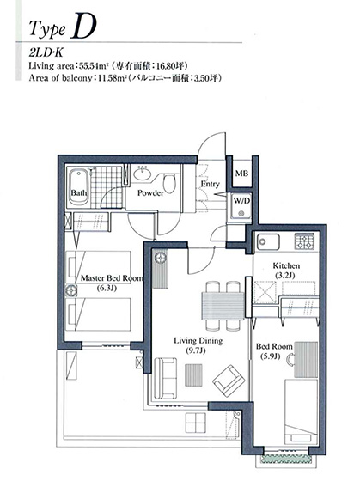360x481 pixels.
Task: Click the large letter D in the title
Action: [82, 26]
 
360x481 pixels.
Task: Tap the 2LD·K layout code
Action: [46, 52]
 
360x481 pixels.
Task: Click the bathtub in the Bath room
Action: [79, 187]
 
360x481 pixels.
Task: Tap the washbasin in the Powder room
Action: [142, 173]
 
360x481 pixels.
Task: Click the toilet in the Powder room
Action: [168, 183]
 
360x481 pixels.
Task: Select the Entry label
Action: [211, 184]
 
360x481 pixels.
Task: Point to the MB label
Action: [241, 173]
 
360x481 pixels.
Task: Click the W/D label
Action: [241, 201]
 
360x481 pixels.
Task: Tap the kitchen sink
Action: [268, 241]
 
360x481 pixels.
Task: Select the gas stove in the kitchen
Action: [305, 241]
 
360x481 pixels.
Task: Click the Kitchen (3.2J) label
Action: [286, 270]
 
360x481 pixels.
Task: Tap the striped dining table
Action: [223, 306]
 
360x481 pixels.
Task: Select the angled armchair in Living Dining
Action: [229, 381]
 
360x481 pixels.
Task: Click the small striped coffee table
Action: [193, 374]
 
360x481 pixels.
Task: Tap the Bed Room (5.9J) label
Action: [274, 351]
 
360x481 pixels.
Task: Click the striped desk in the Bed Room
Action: [306, 360]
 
